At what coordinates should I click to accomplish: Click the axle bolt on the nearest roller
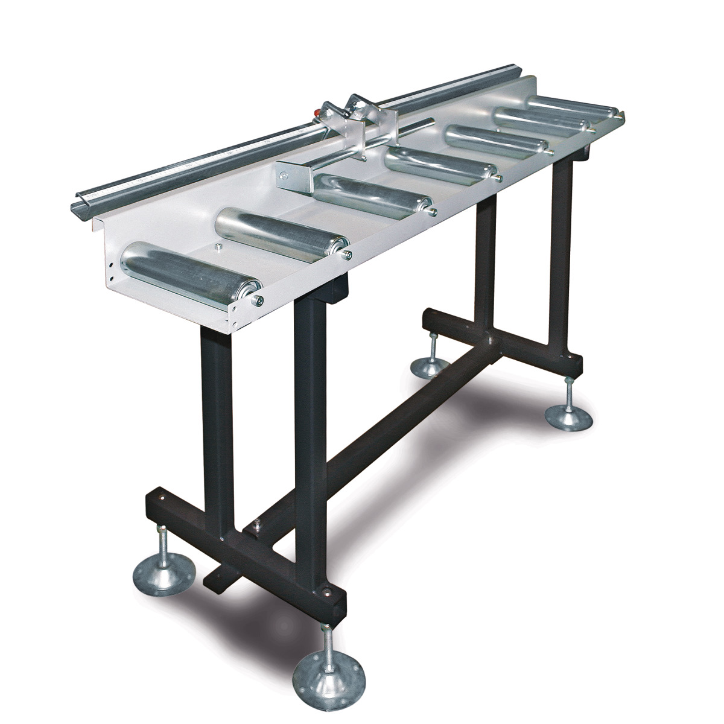pyautogui.click(x=258, y=299)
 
